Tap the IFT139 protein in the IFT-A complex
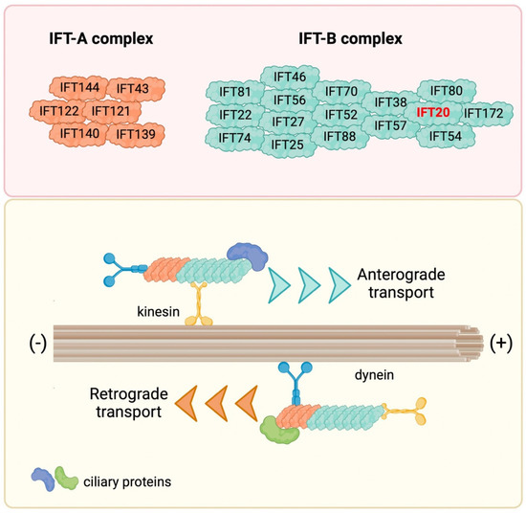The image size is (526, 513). [136, 133]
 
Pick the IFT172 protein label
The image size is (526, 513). [484, 114]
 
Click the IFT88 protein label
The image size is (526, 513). [341, 136]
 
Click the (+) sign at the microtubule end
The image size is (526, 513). [498, 343]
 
